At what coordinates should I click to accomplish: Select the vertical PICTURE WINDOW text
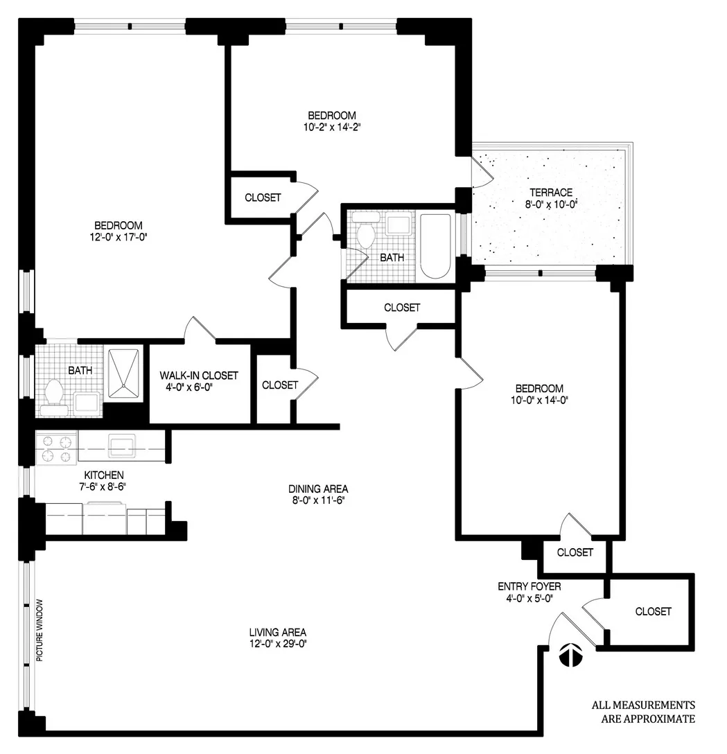click(40, 629)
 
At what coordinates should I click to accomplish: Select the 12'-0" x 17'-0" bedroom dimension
click(119, 237)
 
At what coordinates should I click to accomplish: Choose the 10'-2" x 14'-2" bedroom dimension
click(332, 127)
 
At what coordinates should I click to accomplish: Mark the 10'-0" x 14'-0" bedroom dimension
click(538, 400)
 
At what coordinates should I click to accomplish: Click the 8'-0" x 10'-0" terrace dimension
click(551, 204)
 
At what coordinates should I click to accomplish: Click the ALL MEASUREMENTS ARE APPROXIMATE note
click(642, 712)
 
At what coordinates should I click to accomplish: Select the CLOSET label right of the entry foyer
click(653, 611)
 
